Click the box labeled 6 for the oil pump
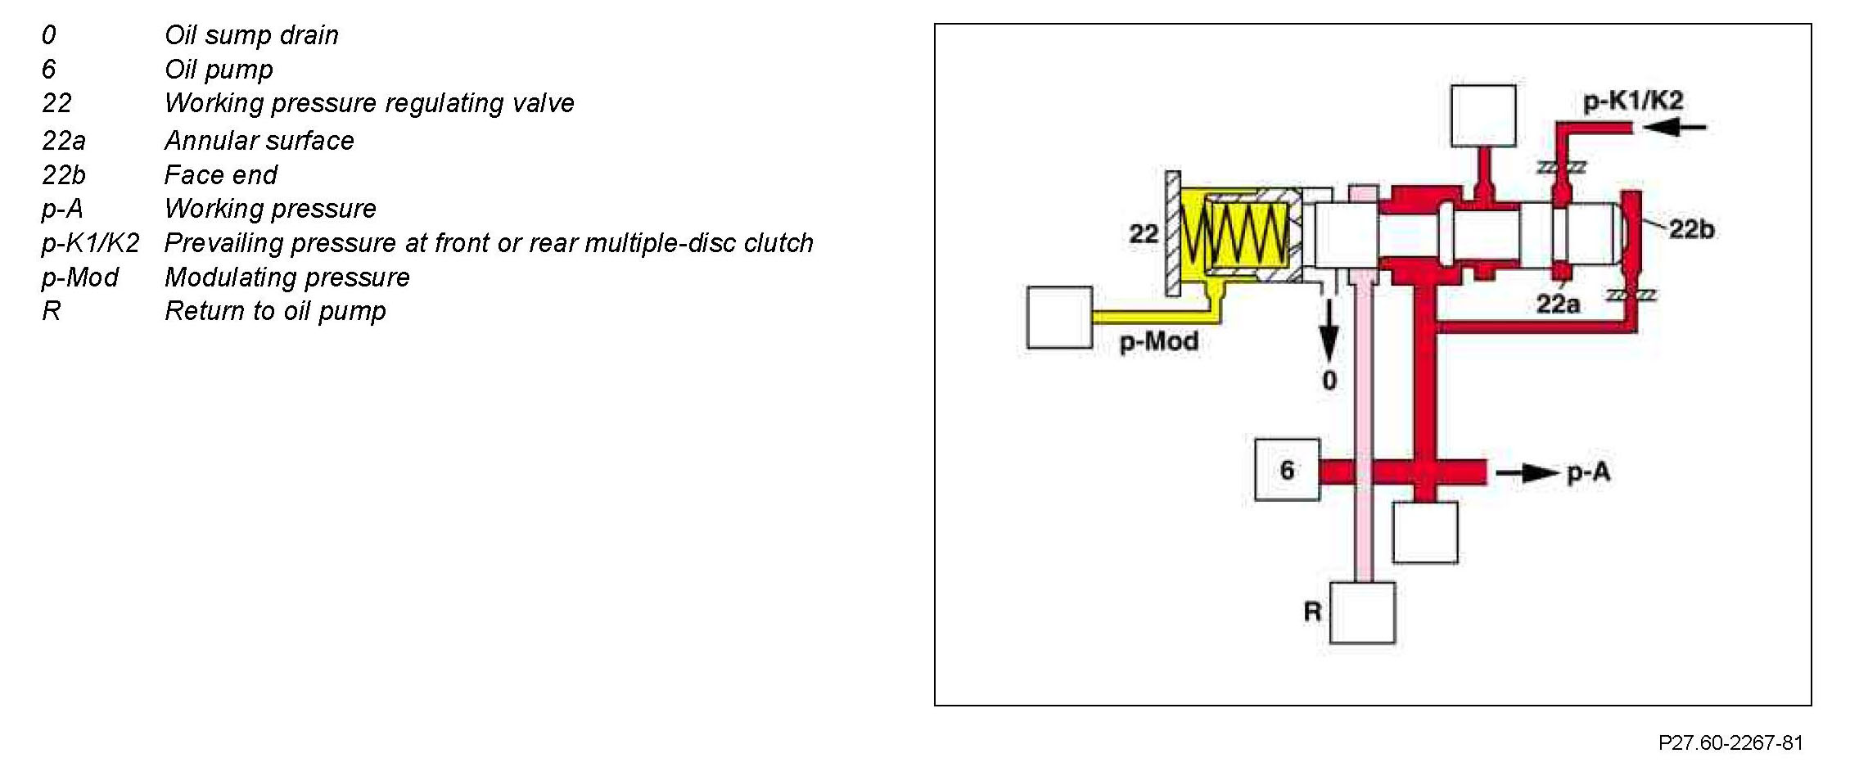pyautogui.click(x=1287, y=470)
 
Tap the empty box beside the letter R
pyautogui.click(x=1362, y=612)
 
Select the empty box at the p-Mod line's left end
pyautogui.click(x=1059, y=318)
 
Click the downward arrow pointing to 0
pyautogui.click(x=1329, y=331)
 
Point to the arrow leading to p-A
pyautogui.click(x=1527, y=473)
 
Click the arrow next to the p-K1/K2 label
pyautogui.click(x=1675, y=127)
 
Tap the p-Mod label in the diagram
pyautogui.click(x=1158, y=341)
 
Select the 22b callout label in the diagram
pyautogui.click(x=1691, y=229)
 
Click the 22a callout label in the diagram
pyautogui.click(x=1557, y=305)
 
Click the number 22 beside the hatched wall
pyautogui.click(x=1144, y=234)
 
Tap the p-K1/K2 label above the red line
pyautogui.click(x=1633, y=101)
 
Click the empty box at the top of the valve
pyautogui.click(x=1482, y=115)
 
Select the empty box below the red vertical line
pyautogui.click(x=1424, y=533)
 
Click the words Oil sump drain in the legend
pyautogui.click(x=251, y=35)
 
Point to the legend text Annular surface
pyautogui.click(x=259, y=141)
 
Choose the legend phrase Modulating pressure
pyautogui.click(x=287, y=277)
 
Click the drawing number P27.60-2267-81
pyautogui.click(x=1730, y=742)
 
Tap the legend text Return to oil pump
pyautogui.click(x=275, y=311)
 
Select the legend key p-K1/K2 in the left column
pyautogui.click(x=90, y=243)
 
